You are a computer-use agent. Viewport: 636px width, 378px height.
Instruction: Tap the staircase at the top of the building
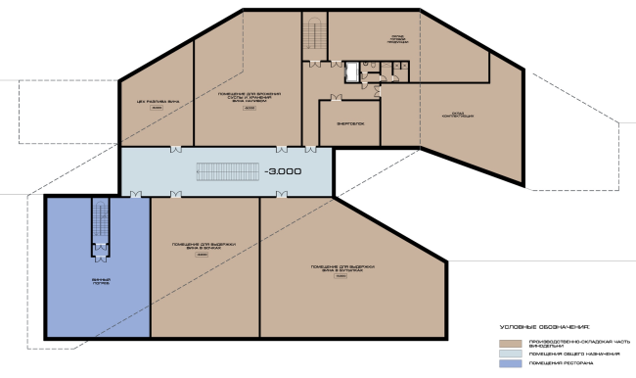[x=314, y=36]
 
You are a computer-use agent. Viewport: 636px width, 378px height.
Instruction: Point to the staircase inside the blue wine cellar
[x=99, y=224]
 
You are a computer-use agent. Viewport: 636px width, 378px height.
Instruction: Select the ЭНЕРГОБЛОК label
[x=349, y=124]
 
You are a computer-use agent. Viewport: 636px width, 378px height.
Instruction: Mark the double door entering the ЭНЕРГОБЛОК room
[x=337, y=97]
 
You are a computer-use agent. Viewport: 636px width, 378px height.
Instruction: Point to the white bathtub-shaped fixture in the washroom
[x=351, y=70]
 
